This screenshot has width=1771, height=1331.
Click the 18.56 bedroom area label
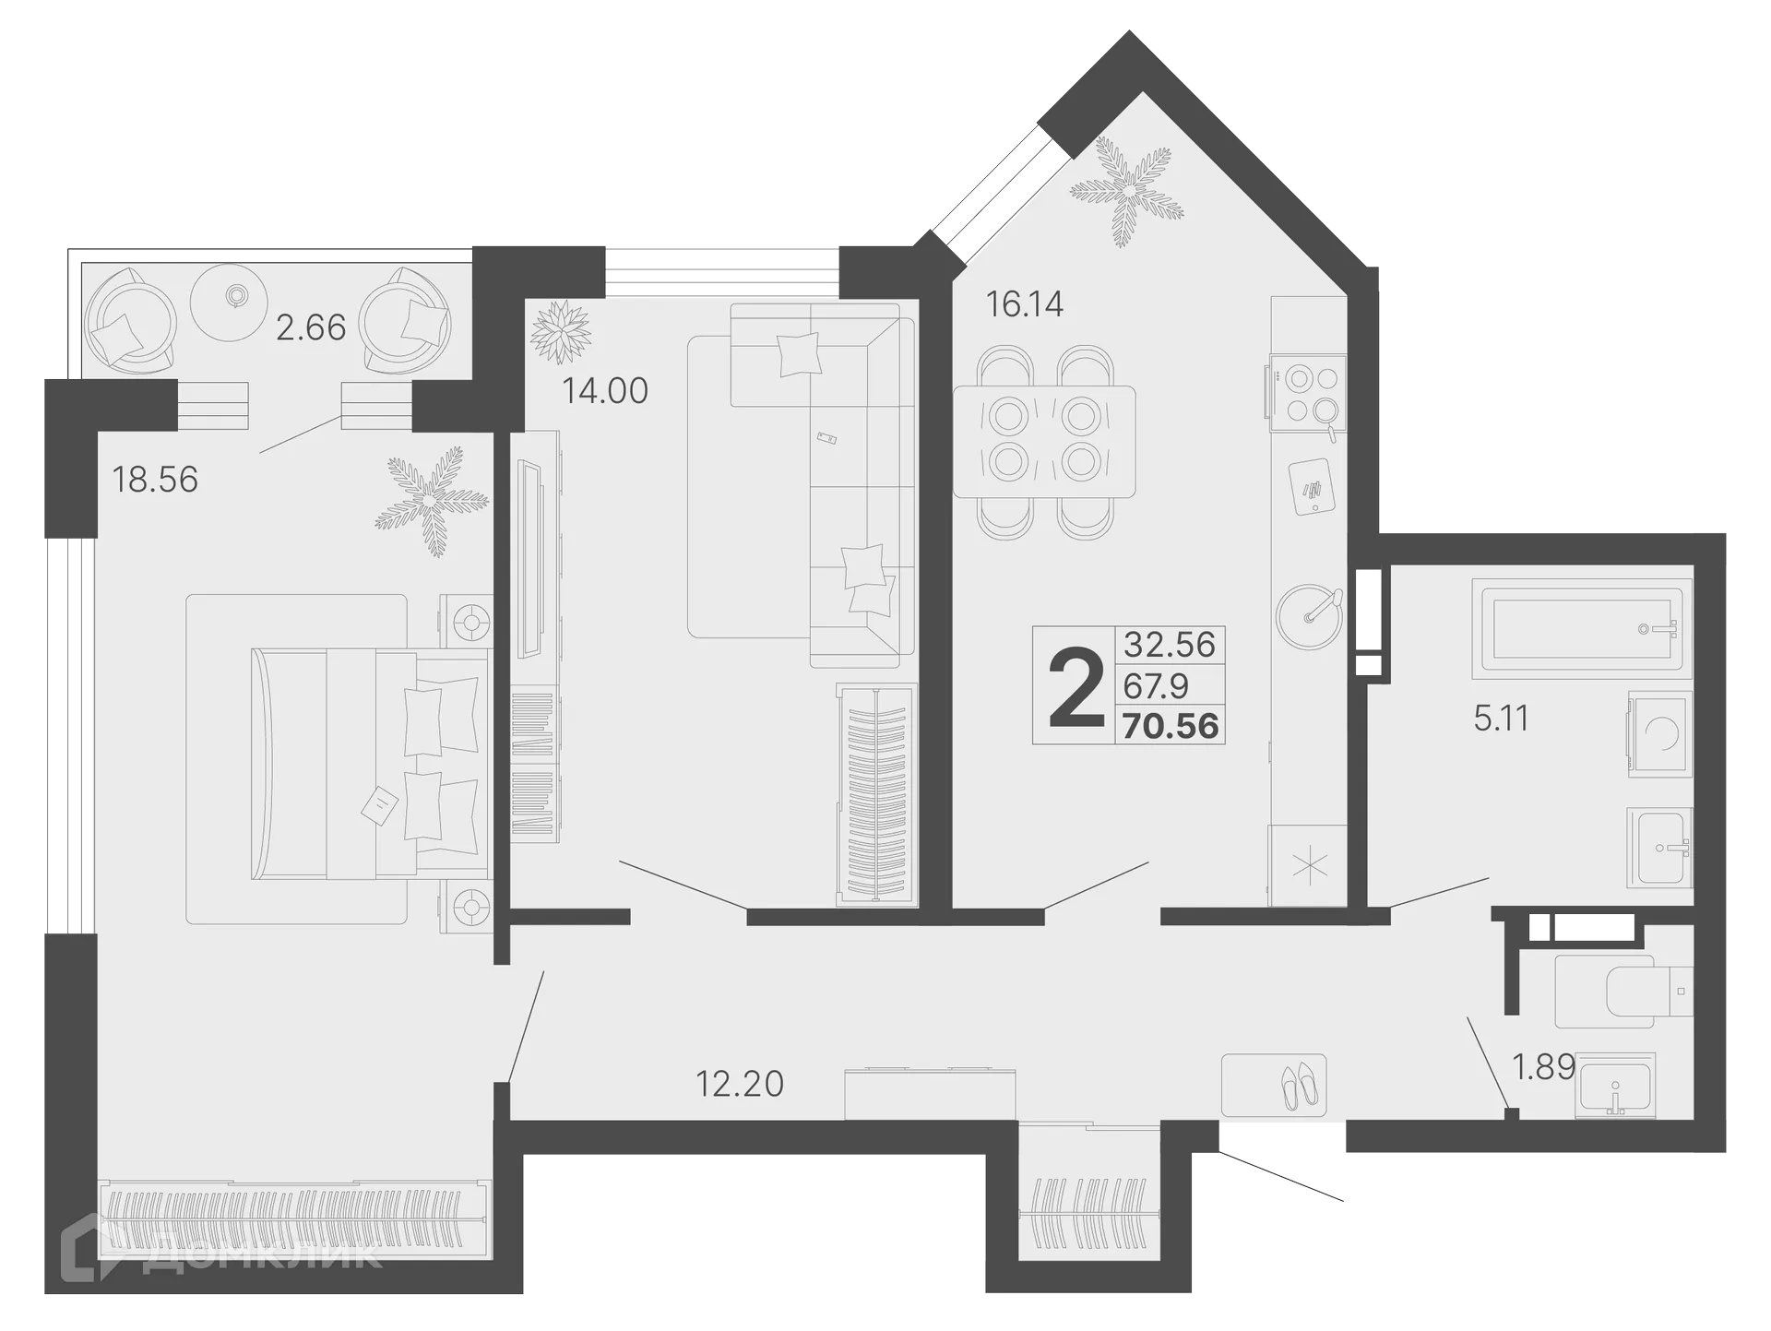[155, 480]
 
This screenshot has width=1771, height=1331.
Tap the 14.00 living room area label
[605, 391]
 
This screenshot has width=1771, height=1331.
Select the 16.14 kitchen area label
[1025, 303]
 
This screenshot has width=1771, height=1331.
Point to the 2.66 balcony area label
[311, 327]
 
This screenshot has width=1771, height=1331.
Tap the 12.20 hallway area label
[739, 1083]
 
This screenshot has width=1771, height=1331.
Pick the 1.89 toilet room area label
[1543, 1067]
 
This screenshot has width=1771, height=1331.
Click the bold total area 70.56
[1171, 727]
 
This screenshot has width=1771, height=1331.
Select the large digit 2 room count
[1076, 687]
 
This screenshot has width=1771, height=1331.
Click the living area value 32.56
[1170, 644]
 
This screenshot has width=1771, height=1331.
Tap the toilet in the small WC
[1623, 992]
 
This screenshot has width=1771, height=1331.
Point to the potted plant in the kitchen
[1126, 193]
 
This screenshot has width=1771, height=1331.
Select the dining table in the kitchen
[1044, 442]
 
